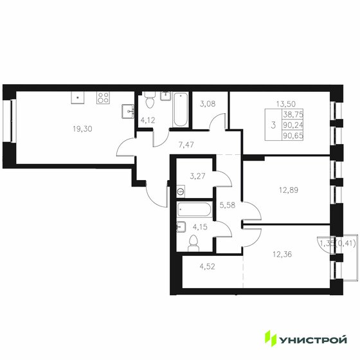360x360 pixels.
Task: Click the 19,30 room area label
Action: (83, 128)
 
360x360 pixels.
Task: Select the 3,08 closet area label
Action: (208, 104)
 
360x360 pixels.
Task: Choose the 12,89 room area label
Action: (289, 190)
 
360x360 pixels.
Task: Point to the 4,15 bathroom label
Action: (196, 226)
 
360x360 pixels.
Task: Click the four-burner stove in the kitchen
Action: (103, 98)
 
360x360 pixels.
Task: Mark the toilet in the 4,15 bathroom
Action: (193, 243)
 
